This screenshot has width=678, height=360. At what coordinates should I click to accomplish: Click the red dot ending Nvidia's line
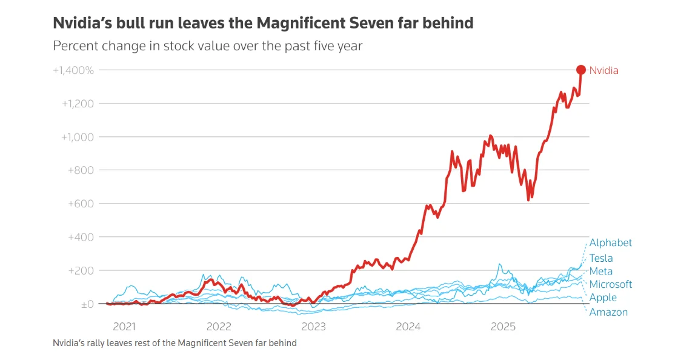point(580,70)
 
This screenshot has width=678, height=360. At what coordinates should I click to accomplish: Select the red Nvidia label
point(603,70)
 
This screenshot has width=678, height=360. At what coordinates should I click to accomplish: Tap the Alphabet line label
point(611,243)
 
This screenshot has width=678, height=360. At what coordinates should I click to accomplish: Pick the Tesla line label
point(601,258)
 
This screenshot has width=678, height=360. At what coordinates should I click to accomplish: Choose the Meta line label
point(601,272)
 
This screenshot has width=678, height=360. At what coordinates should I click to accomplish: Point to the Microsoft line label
point(611,284)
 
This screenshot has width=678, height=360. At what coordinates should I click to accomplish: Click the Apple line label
point(603,298)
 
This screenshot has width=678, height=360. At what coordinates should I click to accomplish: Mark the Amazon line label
point(608,312)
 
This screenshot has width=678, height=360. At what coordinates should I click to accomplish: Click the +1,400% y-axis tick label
point(73,70)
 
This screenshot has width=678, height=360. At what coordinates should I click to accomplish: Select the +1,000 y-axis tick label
point(78,137)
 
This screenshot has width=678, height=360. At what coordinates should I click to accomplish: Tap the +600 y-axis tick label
point(81,204)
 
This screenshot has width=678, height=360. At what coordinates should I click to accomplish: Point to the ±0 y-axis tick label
point(87,304)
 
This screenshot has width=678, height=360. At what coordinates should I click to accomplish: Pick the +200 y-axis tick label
point(81,271)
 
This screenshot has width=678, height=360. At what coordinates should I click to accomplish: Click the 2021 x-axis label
point(124,327)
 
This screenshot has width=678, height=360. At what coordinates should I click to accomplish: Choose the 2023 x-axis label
point(313,327)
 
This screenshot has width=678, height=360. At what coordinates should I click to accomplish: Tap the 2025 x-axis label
point(503,327)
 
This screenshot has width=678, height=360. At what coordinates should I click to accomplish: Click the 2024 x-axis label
point(408,327)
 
